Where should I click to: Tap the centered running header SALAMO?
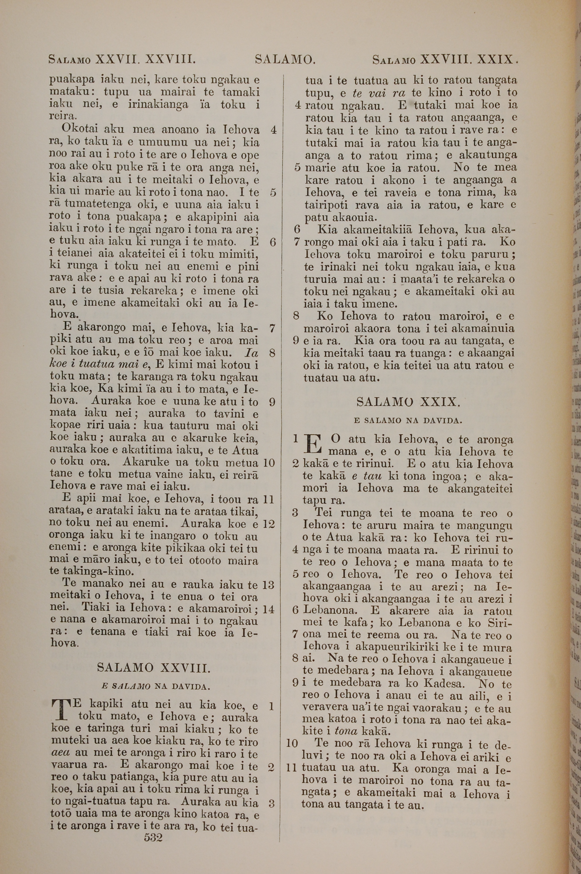tap(285, 59)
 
